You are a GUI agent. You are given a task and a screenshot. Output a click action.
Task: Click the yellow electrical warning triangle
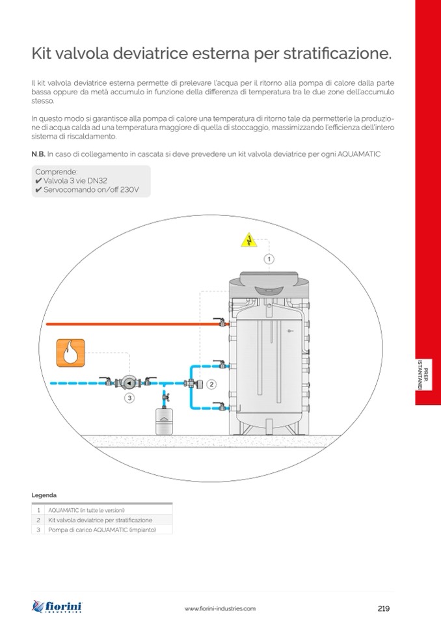point(247,241)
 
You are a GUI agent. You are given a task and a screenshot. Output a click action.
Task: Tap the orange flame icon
point(70,353)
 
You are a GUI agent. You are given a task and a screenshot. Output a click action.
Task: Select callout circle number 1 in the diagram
point(269,259)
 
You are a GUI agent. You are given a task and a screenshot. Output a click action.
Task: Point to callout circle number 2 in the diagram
point(211,384)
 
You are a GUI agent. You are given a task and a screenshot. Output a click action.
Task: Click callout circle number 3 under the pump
point(129,396)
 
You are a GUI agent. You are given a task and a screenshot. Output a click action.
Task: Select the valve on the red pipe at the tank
point(222,323)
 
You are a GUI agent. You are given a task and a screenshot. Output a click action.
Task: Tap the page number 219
point(383,608)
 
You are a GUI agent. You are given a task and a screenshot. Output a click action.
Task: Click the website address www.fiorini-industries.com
point(220,609)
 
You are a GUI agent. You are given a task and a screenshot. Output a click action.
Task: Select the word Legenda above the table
point(44,495)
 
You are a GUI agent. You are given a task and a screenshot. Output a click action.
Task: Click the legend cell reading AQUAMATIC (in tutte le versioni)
point(86,510)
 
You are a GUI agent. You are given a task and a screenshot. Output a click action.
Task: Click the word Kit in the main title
point(43,54)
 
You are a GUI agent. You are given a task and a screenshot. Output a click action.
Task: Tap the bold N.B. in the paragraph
point(38,154)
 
